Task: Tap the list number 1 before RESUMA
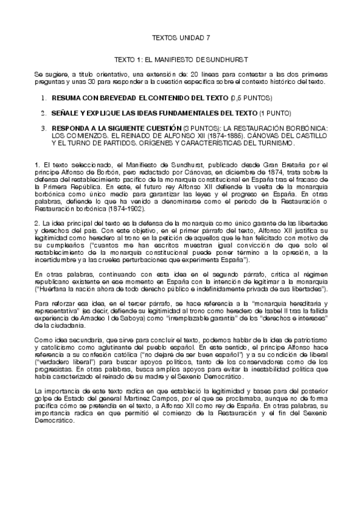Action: click(x=44, y=97)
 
